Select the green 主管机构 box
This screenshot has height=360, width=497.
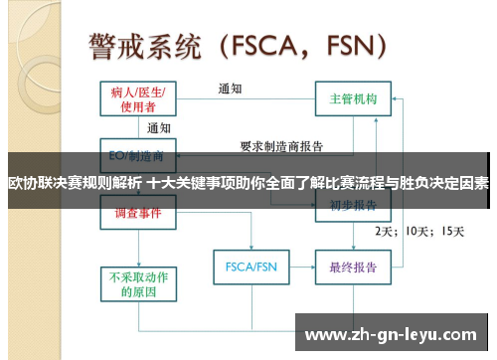(353, 99)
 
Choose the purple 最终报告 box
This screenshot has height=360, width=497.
(353, 267)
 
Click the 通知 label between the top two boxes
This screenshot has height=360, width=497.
(232, 89)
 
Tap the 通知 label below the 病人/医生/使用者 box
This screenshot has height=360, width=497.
(159, 128)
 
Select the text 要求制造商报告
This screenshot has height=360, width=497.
(282, 146)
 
